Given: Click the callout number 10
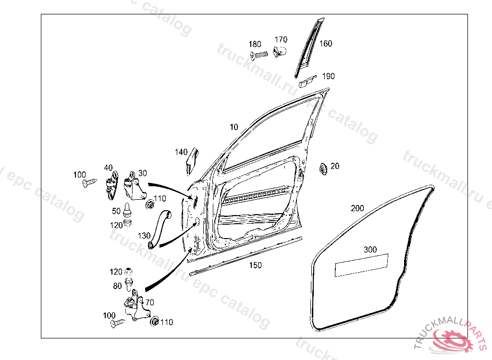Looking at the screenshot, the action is tap(234, 127).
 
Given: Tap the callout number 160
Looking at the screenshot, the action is tap(326, 44).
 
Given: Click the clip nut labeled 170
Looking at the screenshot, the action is tap(279, 51).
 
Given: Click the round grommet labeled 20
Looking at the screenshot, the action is tap(323, 168).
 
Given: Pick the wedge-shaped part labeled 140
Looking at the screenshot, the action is tap(192, 161).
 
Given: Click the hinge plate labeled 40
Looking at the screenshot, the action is tap(112, 185).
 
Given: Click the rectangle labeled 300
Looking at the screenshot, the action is tap(361, 265).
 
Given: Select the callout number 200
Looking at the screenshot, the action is tap(357, 208).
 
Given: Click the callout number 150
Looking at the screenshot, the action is tap(255, 265).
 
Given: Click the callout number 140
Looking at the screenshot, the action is tap(181, 152).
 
